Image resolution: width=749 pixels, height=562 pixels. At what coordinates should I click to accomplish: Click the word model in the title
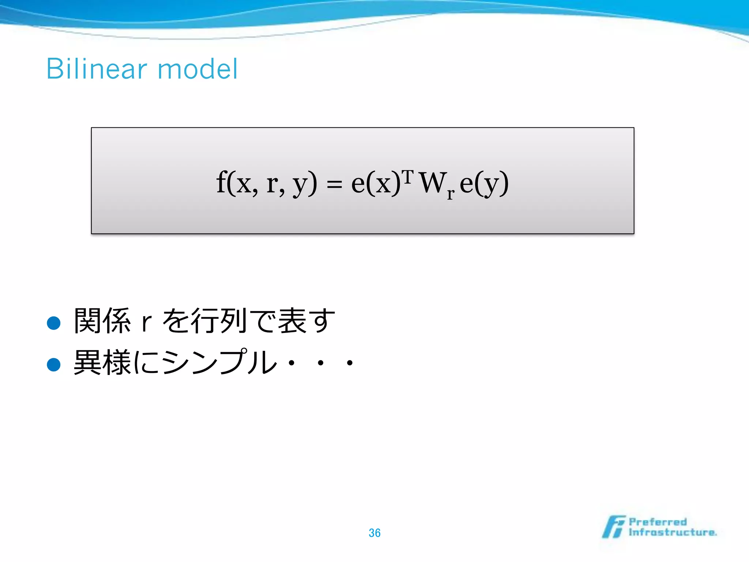pyautogui.click(x=197, y=69)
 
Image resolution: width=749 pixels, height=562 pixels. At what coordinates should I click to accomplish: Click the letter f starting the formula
pyautogui.click(x=221, y=182)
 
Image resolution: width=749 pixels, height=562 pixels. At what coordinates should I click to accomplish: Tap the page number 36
pyautogui.click(x=374, y=533)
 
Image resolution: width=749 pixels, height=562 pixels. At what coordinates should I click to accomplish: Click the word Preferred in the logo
pyautogui.click(x=658, y=522)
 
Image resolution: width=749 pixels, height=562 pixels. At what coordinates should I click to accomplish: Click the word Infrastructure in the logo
pyautogui.click(x=672, y=532)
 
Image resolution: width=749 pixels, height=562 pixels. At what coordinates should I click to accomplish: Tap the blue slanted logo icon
pyautogui.click(x=614, y=527)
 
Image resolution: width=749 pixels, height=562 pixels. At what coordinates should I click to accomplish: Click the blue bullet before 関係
pyautogui.click(x=54, y=323)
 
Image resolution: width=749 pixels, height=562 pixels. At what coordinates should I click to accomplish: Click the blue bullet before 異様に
pyautogui.click(x=54, y=364)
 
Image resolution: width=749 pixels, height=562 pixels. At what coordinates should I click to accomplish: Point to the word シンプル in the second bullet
pyautogui.click(x=219, y=362)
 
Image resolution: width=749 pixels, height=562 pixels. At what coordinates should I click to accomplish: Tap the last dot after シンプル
pyautogui.click(x=350, y=363)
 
